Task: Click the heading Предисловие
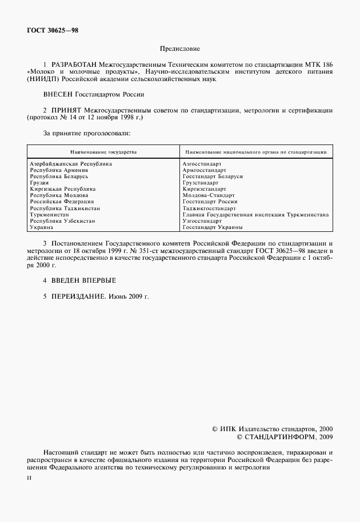click(x=180, y=50)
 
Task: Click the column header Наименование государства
click(x=103, y=152)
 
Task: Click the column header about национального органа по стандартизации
click(x=254, y=152)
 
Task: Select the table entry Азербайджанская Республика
click(x=70, y=164)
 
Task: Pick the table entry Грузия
click(x=39, y=183)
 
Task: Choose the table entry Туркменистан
click(x=51, y=214)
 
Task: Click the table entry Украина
click(x=41, y=227)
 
